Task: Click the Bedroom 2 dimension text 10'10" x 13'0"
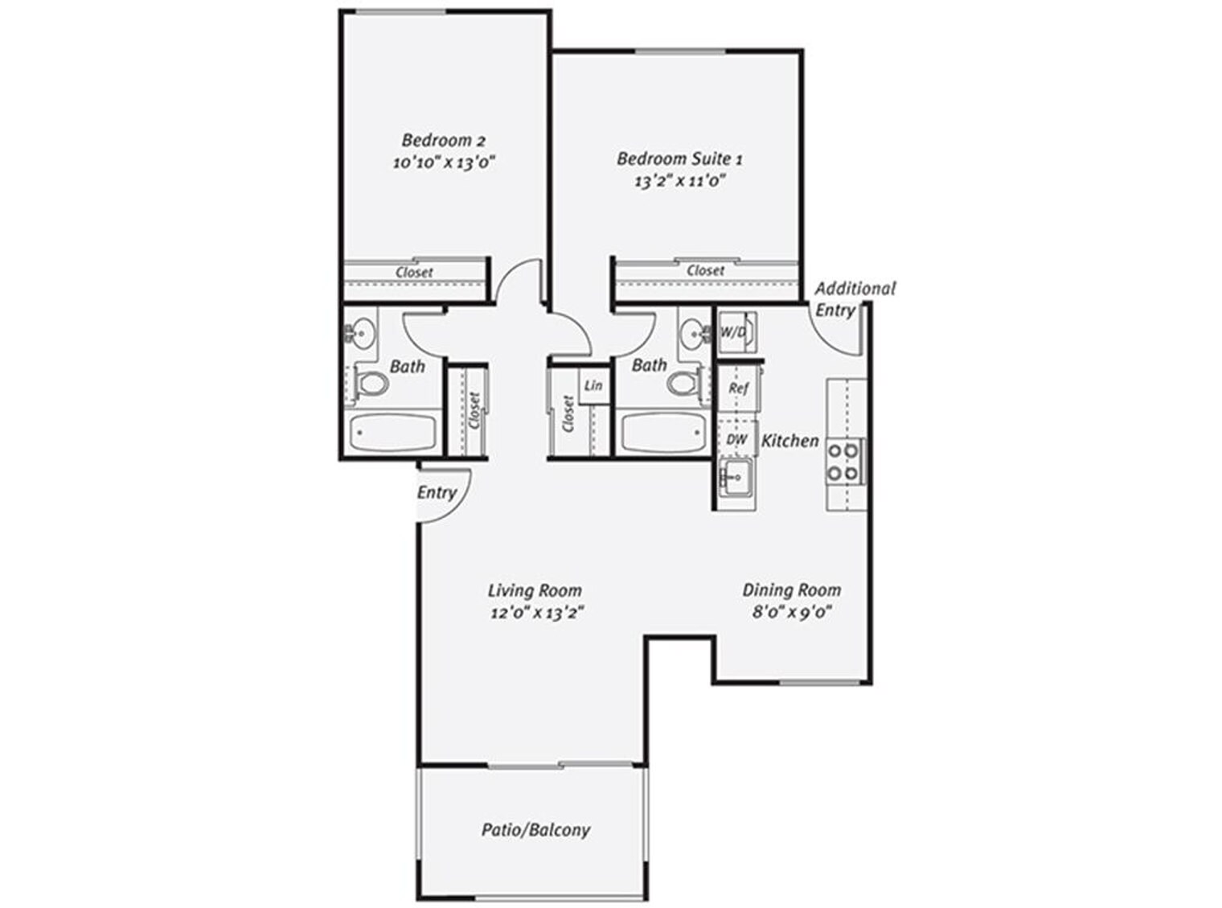443,162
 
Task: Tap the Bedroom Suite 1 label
679,158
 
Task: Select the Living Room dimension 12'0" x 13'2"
536,613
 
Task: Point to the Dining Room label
791,590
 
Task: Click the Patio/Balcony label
535,829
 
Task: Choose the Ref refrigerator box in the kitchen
738,388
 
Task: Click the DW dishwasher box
737,440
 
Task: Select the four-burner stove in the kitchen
843,462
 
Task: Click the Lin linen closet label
593,385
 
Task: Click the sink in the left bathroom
363,332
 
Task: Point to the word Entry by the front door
437,492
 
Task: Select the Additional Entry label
854,298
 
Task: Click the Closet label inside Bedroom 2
414,272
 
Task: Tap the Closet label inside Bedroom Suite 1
705,270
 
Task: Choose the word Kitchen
789,441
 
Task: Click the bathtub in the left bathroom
392,433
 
